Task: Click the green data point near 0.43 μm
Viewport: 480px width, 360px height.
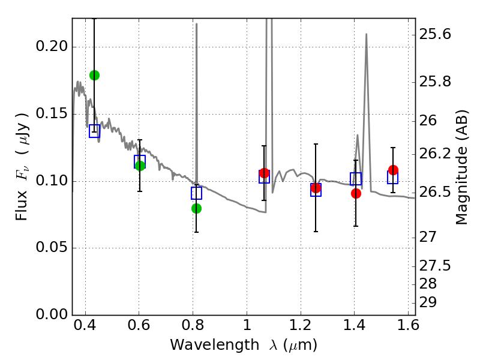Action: (x=94, y=75)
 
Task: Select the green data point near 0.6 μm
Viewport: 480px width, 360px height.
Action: (x=140, y=166)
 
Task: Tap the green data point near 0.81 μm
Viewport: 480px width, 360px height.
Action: (x=196, y=208)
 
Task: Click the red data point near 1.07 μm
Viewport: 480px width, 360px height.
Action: (x=264, y=173)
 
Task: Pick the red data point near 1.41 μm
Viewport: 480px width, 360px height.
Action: (x=356, y=193)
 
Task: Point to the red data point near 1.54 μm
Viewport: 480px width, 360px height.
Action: (x=393, y=170)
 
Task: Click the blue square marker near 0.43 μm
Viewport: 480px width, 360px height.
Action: (x=94, y=131)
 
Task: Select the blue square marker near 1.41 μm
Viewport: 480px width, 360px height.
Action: (x=356, y=179)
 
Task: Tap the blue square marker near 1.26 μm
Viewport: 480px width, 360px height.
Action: (x=316, y=190)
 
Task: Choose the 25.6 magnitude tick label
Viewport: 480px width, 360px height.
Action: (x=437, y=35)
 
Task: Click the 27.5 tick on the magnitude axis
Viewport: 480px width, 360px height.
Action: (x=437, y=265)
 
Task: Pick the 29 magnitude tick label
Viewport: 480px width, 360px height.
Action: (x=430, y=302)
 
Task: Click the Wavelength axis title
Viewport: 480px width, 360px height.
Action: (x=243, y=346)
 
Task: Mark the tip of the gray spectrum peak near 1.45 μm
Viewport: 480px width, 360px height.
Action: (x=366, y=34)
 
